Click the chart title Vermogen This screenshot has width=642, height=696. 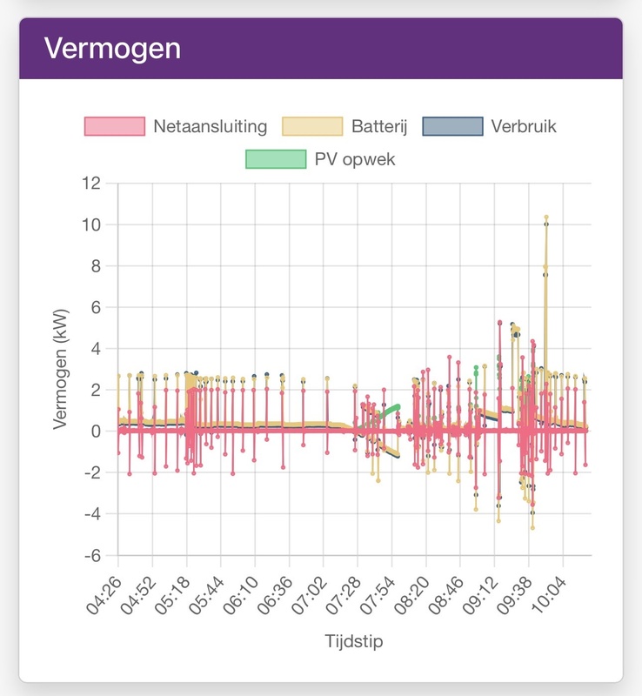click(x=112, y=48)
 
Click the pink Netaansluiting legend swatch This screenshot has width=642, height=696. click(x=114, y=126)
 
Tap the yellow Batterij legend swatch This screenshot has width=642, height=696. click(x=312, y=126)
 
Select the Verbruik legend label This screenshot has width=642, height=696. click(x=524, y=126)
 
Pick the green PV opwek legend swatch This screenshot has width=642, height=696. click(x=276, y=158)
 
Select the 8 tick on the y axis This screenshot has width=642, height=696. click(x=97, y=266)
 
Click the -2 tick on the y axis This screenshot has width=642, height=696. click(x=92, y=472)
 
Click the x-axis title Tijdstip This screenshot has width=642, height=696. click(x=354, y=642)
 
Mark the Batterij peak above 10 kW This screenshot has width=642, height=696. click(x=546, y=217)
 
